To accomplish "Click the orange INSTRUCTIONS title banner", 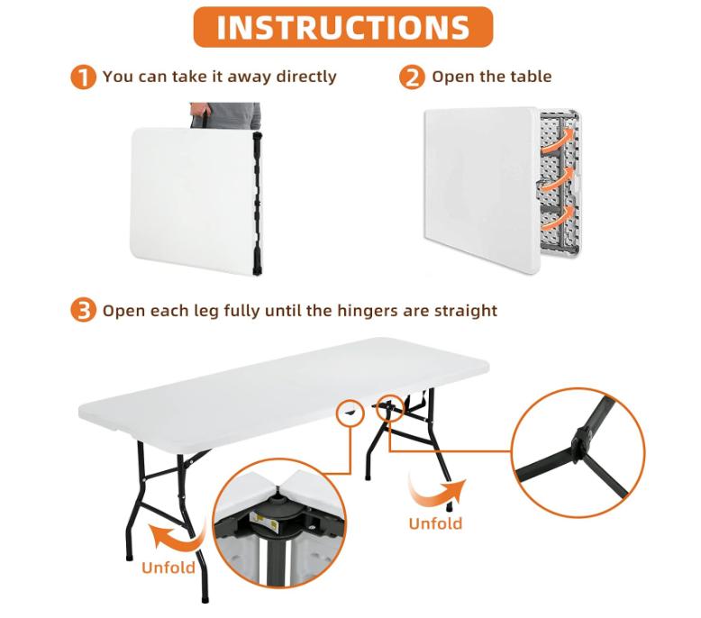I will click(x=343, y=27).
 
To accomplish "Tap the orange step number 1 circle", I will click(x=83, y=77).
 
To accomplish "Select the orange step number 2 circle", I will click(x=412, y=77).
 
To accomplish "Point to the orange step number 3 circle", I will click(x=83, y=312).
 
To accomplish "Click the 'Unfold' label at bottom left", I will click(x=168, y=568).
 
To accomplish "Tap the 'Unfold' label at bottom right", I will click(x=435, y=523).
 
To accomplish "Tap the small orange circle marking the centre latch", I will click(x=350, y=414).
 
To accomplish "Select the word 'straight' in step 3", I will click(x=464, y=312).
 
